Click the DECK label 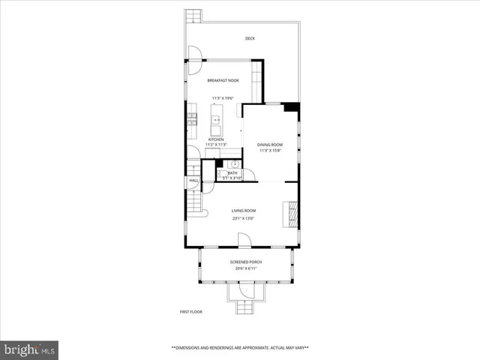[x=250, y=38]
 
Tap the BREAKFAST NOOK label [x=222, y=80]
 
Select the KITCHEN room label [x=216, y=139]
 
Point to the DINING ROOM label [x=270, y=145]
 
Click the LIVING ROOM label [x=244, y=211]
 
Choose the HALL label [x=193, y=181]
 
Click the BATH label [x=232, y=172]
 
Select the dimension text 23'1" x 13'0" [x=244, y=218]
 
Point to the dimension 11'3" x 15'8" [x=270, y=151]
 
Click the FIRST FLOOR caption [x=190, y=312]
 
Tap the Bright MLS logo [x=30, y=349]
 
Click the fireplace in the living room [x=289, y=214]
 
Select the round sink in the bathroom [x=234, y=164]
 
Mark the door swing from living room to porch [x=244, y=240]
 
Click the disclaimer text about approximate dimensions [x=240, y=348]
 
